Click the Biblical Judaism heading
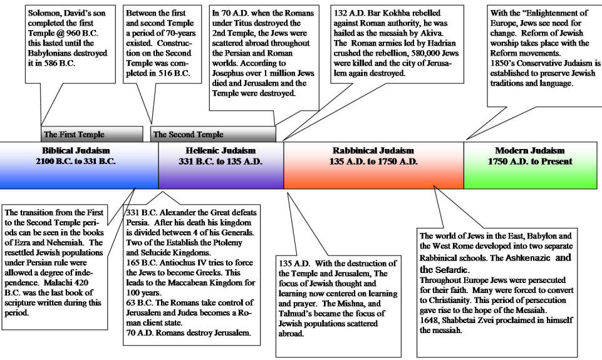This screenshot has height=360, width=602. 76,150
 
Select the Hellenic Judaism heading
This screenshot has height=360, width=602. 221,150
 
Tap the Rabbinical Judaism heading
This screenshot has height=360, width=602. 373,150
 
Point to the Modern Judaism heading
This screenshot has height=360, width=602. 530,150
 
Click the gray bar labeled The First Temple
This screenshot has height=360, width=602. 91,134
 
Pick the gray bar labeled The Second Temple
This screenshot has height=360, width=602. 213,134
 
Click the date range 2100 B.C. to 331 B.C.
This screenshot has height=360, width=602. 76,161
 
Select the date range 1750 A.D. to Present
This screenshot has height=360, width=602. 530,161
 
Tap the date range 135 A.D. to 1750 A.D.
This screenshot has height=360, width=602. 373,161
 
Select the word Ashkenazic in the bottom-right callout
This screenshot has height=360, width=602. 528,258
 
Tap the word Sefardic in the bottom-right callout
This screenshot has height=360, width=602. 451,269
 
